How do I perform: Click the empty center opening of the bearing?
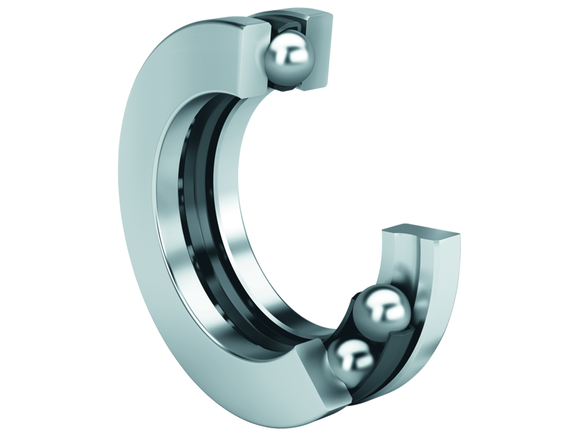(304, 188)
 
